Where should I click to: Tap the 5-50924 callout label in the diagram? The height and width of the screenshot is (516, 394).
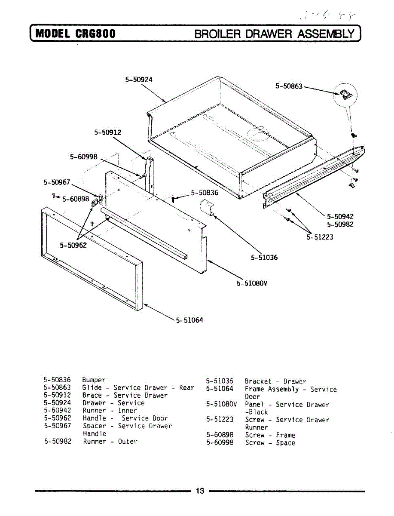(x=139, y=79)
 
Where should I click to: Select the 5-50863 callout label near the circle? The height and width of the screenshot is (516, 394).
(x=289, y=86)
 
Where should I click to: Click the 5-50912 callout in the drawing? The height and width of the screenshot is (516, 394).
(x=108, y=132)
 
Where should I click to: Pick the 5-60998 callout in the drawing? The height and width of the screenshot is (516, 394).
(x=84, y=157)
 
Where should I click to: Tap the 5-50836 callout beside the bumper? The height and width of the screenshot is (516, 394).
(x=205, y=193)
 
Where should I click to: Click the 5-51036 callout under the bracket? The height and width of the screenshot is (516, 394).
(x=264, y=258)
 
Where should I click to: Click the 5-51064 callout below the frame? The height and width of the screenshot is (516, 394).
(x=189, y=320)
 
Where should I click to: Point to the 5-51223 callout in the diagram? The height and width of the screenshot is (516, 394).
(x=320, y=236)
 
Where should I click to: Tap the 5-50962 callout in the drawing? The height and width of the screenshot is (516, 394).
(x=73, y=246)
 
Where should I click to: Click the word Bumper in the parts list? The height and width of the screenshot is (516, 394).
(x=94, y=380)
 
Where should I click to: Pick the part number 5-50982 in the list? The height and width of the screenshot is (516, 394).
(x=57, y=442)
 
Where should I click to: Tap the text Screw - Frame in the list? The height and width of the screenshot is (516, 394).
(x=270, y=435)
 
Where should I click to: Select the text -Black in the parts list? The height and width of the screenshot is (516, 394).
(x=256, y=412)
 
